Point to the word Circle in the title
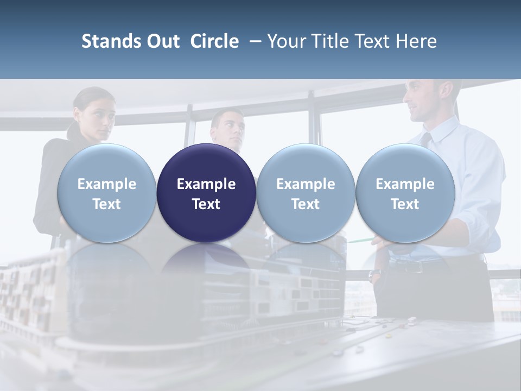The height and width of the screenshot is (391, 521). pyautogui.click(x=214, y=41)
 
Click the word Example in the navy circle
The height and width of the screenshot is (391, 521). pyautogui.click(x=206, y=184)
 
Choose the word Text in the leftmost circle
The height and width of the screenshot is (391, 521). pyautogui.click(x=106, y=204)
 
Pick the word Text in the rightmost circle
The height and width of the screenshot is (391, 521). pyautogui.click(x=405, y=204)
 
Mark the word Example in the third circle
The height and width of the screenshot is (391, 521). pyautogui.click(x=306, y=184)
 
